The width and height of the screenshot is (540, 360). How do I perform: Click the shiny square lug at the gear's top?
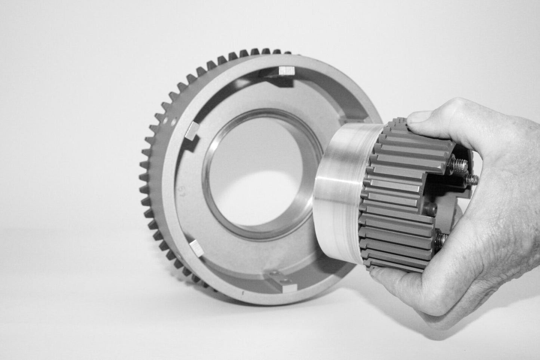[x=286, y=70]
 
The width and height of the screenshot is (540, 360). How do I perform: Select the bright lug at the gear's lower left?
[x=195, y=247]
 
